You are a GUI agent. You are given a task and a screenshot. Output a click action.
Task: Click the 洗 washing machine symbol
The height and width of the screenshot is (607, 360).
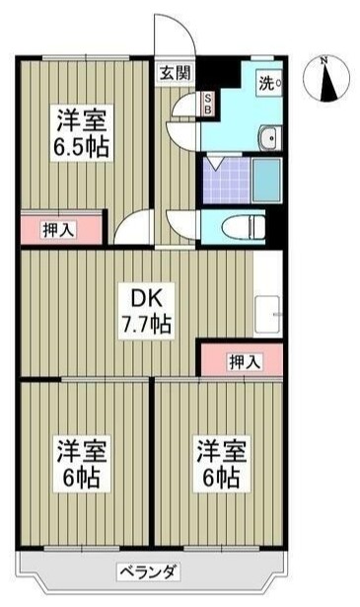268,84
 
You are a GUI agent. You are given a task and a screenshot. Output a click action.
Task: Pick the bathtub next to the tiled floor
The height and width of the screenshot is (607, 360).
267,179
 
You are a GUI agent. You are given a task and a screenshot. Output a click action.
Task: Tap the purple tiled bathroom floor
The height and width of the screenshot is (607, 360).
224,179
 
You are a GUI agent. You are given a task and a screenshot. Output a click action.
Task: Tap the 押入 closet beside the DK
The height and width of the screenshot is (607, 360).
244,360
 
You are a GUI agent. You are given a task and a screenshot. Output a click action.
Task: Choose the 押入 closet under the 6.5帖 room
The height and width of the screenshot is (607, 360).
60,229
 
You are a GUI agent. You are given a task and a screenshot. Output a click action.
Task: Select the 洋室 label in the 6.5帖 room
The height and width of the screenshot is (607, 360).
81,119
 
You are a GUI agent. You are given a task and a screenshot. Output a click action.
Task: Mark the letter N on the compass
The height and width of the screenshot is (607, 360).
324,61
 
